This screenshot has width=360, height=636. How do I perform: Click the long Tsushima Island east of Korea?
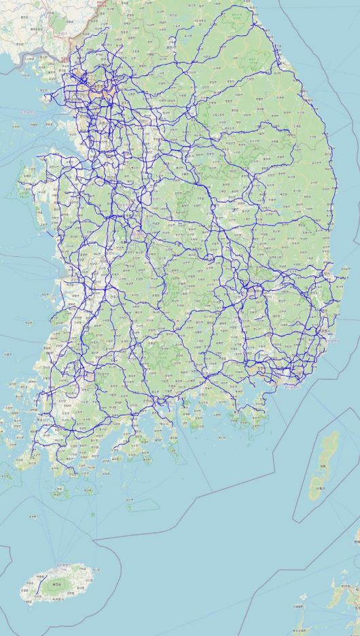(x=325, y=462)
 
